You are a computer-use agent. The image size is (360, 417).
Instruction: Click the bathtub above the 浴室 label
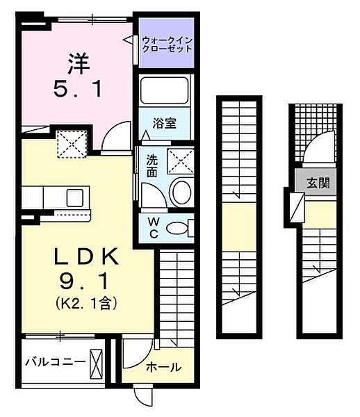165,93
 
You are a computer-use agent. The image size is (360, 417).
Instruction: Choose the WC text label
153,227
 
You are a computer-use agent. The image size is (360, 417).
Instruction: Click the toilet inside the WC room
180,227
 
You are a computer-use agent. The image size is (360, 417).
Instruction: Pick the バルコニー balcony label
55,362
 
